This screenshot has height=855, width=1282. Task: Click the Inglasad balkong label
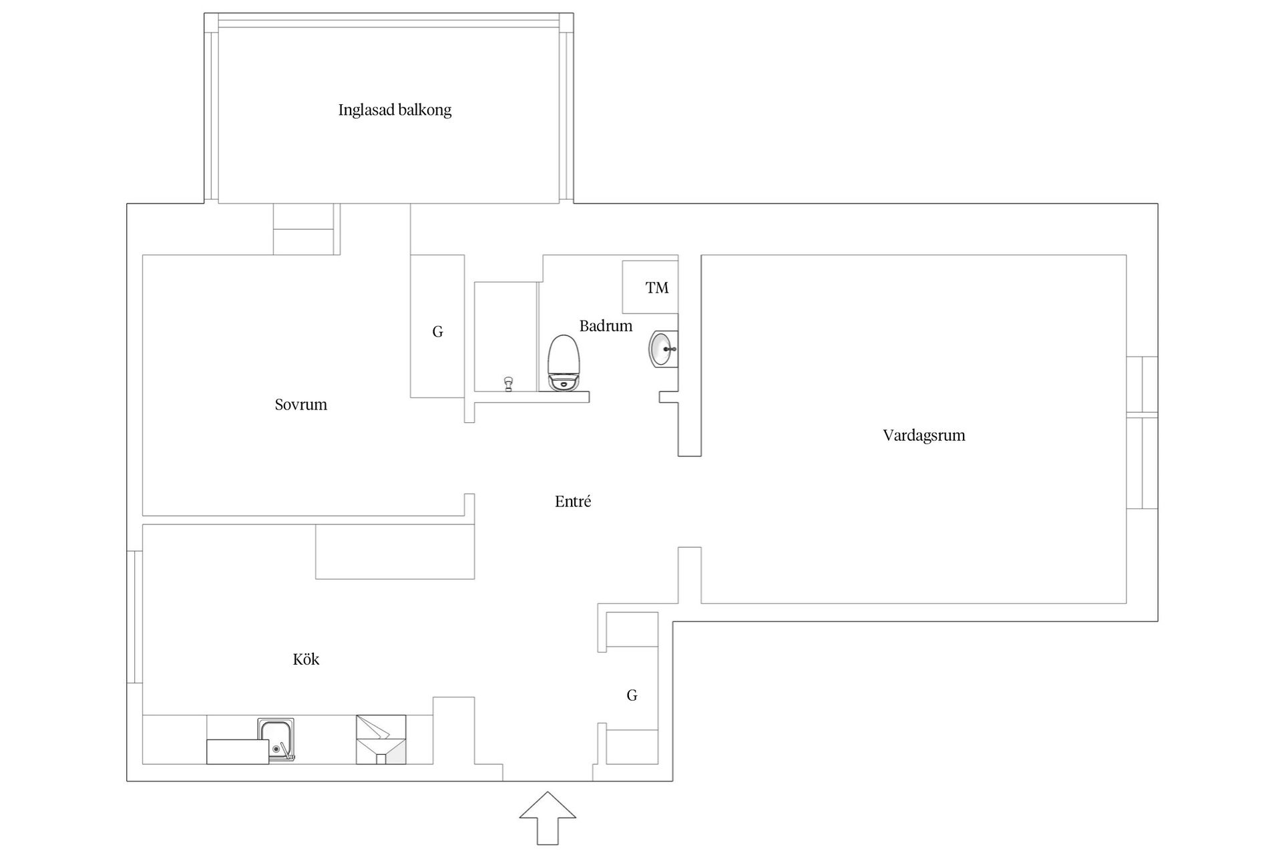395,110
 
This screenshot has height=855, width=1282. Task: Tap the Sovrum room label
300,405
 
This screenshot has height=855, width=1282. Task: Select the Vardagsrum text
923,436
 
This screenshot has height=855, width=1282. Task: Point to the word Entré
573,502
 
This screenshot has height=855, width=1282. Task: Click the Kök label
306,660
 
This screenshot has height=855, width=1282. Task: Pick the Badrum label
606,326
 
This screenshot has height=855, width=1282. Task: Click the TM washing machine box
650,287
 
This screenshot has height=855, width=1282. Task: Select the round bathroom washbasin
662,349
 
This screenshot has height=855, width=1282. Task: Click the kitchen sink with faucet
276,740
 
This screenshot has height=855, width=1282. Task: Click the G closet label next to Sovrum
437,332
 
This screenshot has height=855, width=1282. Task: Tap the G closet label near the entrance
632,696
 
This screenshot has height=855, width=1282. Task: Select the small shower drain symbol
509,383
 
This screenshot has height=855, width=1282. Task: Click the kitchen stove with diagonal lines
381,739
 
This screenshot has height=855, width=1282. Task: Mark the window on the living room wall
1142,433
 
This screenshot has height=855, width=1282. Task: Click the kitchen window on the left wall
135,617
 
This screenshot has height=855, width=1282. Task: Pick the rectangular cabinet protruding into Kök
395,552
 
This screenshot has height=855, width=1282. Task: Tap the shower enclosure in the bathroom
505,337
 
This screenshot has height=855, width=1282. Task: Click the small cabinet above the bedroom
304,229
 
